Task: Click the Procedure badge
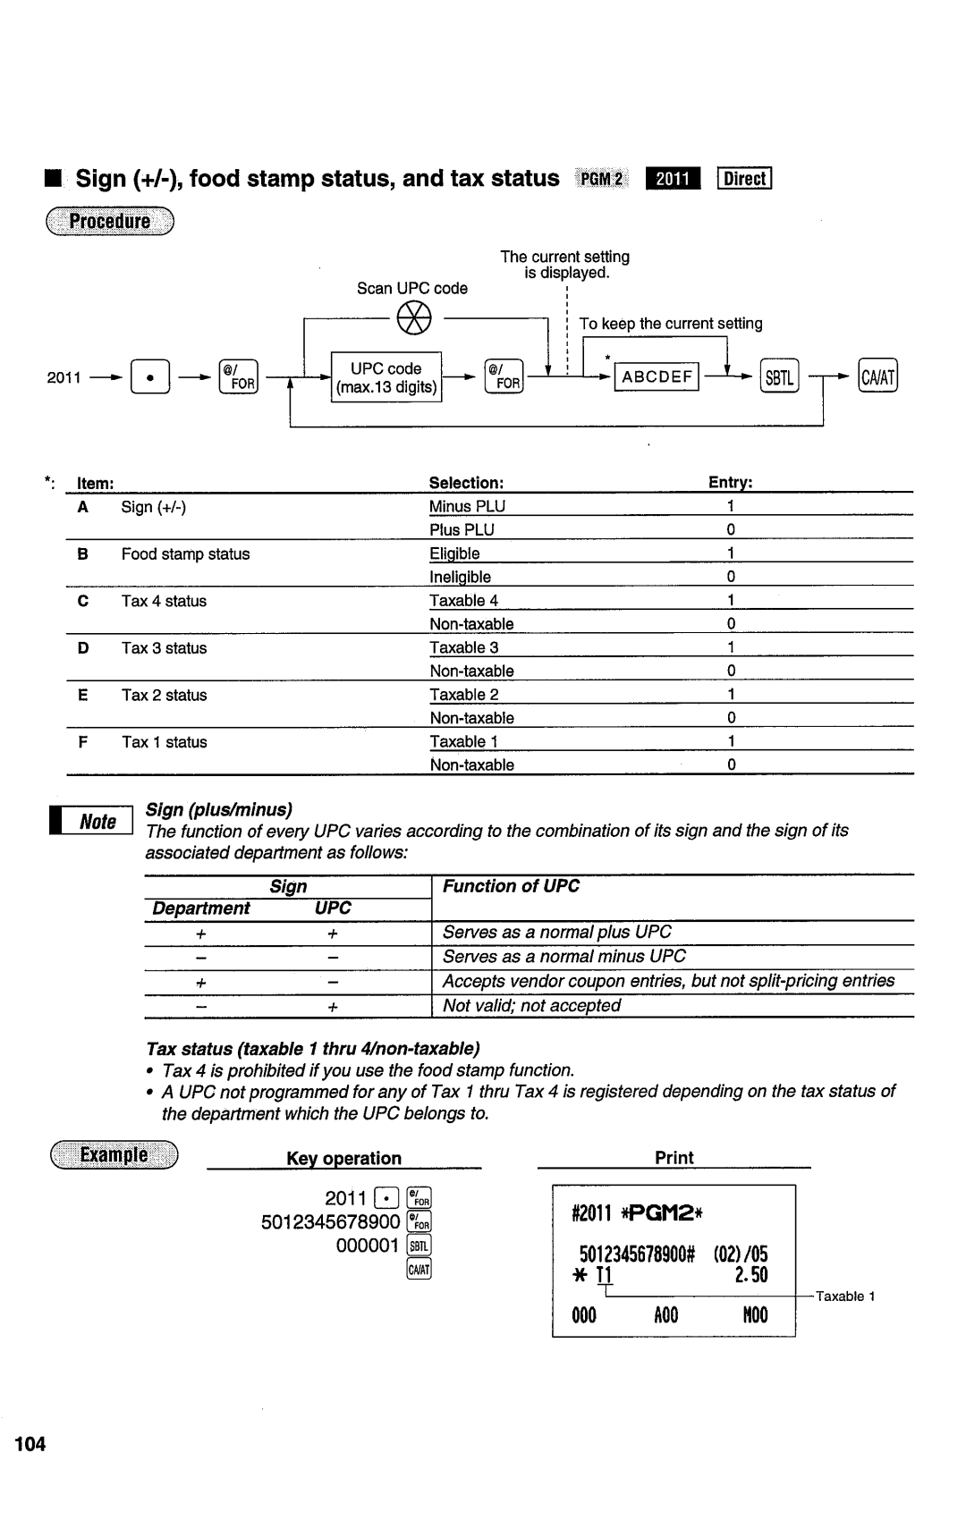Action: pyautogui.click(x=111, y=222)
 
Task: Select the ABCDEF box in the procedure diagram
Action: pyautogui.click(x=657, y=376)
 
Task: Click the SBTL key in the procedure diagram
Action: pyautogui.click(x=779, y=377)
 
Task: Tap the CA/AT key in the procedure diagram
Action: pyautogui.click(x=877, y=377)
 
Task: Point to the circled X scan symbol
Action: pyautogui.click(x=413, y=317)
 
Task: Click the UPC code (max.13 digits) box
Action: pyautogui.click(x=386, y=377)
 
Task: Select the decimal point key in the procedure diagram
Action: pyautogui.click(x=149, y=377)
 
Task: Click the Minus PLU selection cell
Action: pyautogui.click(x=467, y=506)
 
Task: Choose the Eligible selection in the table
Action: pyautogui.click(x=454, y=553)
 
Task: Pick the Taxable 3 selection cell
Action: pyautogui.click(x=464, y=647)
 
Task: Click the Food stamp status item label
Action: pyautogui.click(x=185, y=553)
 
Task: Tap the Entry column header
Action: pyautogui.click(x=731, y=483)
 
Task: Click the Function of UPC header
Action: pyautogui.click(x=511, y=886)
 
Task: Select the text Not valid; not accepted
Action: pyautogui.click(x=531, y=1005)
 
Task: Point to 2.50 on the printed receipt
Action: pyautogui.click(x=751, y=1275)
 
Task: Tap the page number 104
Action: pyautogui.click(x=30, y=1444)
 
